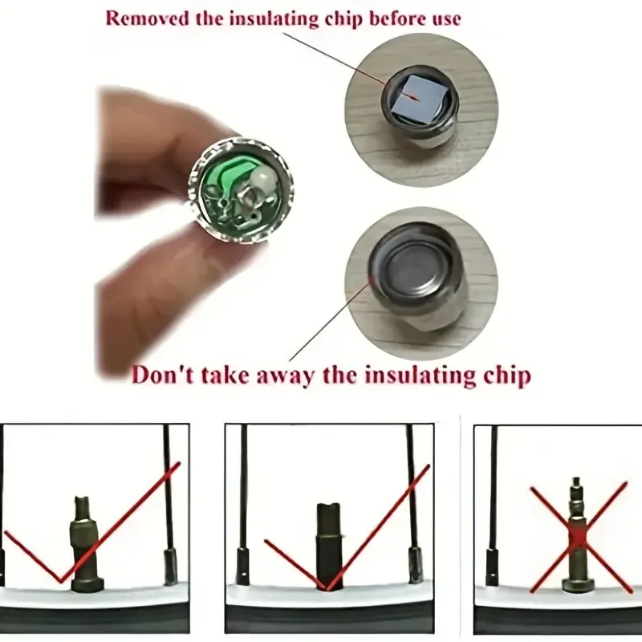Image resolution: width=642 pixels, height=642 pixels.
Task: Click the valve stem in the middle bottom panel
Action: coord(330,547)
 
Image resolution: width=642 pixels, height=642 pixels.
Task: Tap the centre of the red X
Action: coord(579,538)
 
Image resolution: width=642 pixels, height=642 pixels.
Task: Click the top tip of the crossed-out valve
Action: coord(576,478)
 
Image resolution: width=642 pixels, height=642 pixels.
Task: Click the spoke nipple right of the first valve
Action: coord(171,567)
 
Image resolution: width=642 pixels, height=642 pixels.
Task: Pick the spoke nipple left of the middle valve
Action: coord(242,567)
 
